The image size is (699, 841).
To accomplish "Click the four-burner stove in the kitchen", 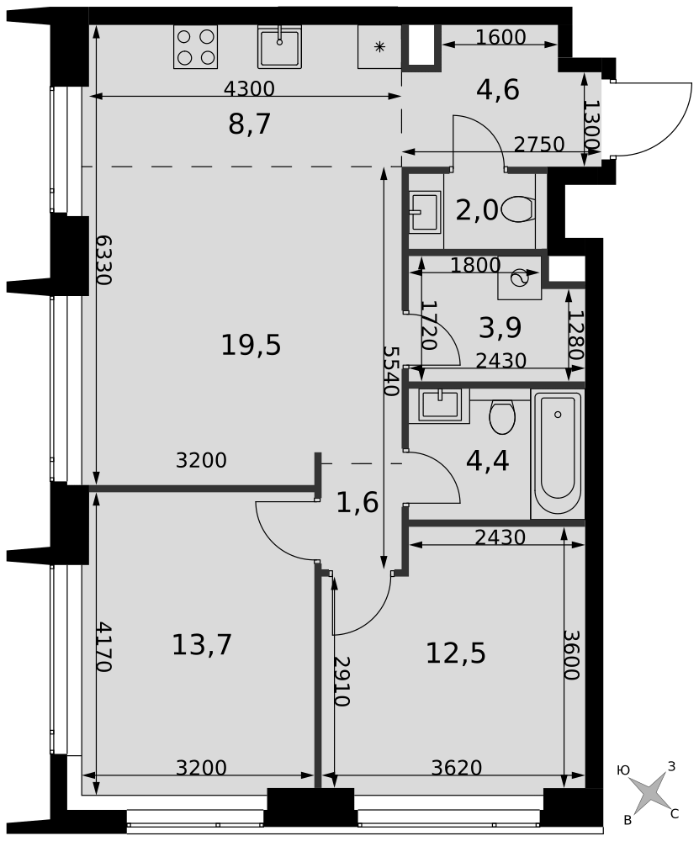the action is pyautogui.click(x=195, y=46).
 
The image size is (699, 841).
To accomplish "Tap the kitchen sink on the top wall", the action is pyautogui.click(x=279, y=46).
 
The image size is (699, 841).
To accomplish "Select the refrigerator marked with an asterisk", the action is pyautogui.click(x=380, y=46).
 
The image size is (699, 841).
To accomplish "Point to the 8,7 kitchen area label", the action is pyautogui.click(x=250, y=124).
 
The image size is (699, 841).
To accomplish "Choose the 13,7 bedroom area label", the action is pyautogui.click(x=202, y=644).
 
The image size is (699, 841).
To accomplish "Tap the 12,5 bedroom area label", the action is pyautogui.click(x=456, y=653).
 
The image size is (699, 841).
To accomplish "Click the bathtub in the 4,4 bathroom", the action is pyautogui.click(x=558, y=454).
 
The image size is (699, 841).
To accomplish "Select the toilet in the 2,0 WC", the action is pyautogui.click(x=519, y=209).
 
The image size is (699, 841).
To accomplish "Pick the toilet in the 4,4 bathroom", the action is pyautogui.click(x=502, y=417).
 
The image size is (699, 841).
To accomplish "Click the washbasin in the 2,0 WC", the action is pyautogui.click(x=425, y=211).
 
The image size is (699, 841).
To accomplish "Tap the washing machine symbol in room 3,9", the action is pyautogui.click(x=519, y=278).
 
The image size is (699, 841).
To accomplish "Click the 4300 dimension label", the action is pyautogui.click(x=249, y=88).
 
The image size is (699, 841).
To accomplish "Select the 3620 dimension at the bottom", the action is pyautogui.click(x=457, y=768).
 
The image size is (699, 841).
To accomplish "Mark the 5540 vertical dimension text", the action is pyautogui.click(x=392, y=370).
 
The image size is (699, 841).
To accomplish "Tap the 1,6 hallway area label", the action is pyautogui.click(x=357, y=503).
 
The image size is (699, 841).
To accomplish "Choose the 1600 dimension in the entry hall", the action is pyautogui.click(x=500, y=37).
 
